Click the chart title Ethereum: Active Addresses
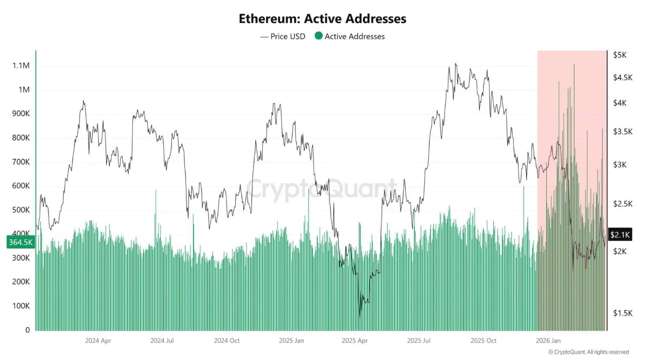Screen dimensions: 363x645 click(x=322, y=19)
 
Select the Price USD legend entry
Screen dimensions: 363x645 click(x=283, y=36)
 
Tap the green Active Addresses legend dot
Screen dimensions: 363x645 click(x=318, y=36)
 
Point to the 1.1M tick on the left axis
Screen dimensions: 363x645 click(x=21, y=66)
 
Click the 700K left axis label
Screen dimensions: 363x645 click(x=21, y=162)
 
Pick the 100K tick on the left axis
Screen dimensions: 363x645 click(x=21, y=306)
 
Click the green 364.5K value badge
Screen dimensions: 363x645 click(x=21, y=243)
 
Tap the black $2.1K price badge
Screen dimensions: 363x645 click(x=620, y=234)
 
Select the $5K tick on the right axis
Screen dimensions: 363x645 click(x=620, y=55)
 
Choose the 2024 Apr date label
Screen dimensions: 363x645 click(x=98, y=341)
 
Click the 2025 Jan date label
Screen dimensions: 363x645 click(x=292, y=341)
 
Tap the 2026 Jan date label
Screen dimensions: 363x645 click(x=548, y=341)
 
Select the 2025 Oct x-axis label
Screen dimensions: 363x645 click(x=484, y=341)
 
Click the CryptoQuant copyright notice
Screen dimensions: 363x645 click(x=588, y=352)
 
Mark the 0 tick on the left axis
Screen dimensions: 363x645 click(x=27, y=330)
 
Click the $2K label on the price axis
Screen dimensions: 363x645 click(x=620, y=251)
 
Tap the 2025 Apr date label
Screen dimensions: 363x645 click(x=355, y=341)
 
